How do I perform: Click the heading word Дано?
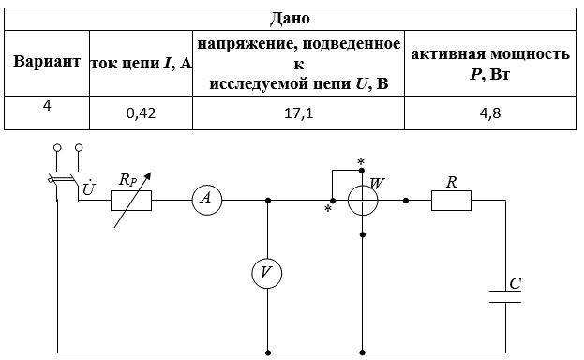[290, 19]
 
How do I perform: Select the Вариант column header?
[47, 61]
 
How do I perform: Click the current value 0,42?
[141, 113]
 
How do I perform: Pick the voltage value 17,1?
[299, 113]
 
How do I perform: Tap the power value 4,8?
[490, 113]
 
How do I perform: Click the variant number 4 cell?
[47, 106]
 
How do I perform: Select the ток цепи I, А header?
[142, 64]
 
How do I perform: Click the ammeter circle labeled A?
[207, 200]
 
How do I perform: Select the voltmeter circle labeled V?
[266, 274]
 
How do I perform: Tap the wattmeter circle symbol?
[363, 201]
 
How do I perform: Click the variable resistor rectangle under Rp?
[131, 201]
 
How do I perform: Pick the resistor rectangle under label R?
[451, 201]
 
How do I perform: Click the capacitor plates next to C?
[505, 296]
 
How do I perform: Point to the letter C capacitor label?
[515, 284]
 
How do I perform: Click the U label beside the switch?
[89, 187]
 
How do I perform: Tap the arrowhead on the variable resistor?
[148, 175]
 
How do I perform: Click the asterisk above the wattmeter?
[361, 161]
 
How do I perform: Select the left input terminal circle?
[57, 147]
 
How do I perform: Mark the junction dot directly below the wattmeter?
[363, 234]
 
